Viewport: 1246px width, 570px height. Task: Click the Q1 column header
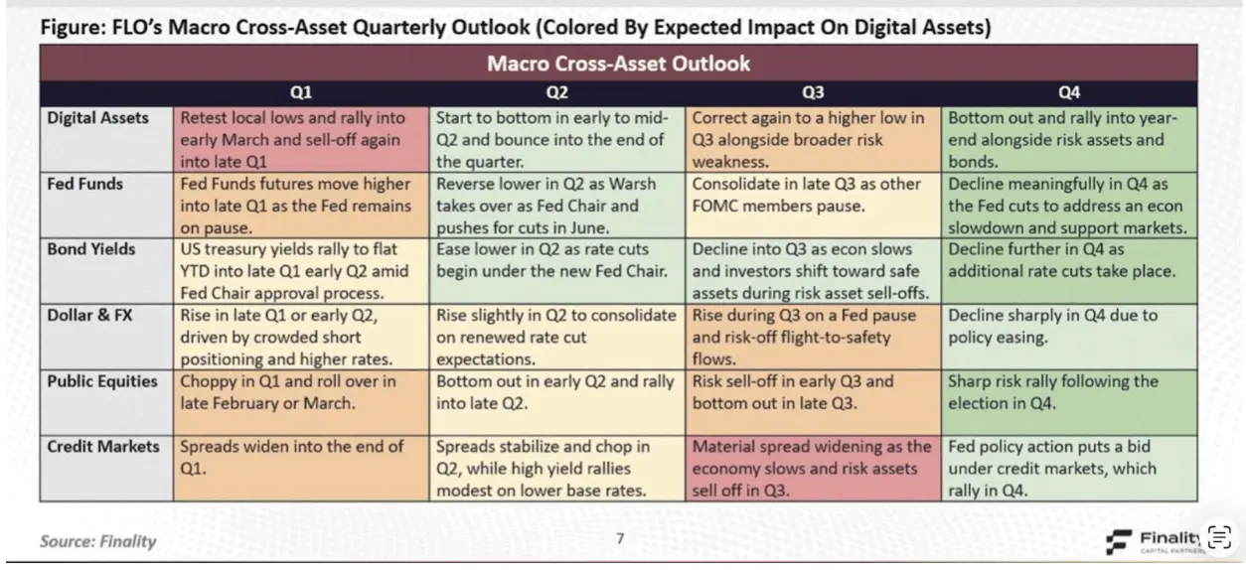[301, 92]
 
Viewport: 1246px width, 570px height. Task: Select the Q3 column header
[813, 92]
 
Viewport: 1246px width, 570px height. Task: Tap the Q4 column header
[1069, 92]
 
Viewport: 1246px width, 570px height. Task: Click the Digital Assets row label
[98, 118]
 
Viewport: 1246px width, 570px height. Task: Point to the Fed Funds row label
[84, 185]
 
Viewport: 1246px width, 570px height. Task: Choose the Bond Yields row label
[91, 249]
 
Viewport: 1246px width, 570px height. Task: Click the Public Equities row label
[103, 381]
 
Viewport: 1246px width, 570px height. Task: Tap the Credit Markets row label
[103, 447]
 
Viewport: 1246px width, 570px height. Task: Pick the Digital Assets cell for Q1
[301, 140]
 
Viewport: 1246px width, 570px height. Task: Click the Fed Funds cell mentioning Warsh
[556, 206]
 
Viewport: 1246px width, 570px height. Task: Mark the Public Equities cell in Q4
[1069, 393]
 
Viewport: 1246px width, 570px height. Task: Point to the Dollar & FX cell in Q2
[556, 338]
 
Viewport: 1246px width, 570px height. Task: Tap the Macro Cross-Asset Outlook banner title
[618, 65]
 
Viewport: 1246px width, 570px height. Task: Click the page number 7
[620, 539]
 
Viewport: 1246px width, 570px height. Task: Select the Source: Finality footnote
[97, 541]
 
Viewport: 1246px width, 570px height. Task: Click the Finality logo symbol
[1119, 541]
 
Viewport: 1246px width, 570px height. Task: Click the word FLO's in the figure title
[129, 28]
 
